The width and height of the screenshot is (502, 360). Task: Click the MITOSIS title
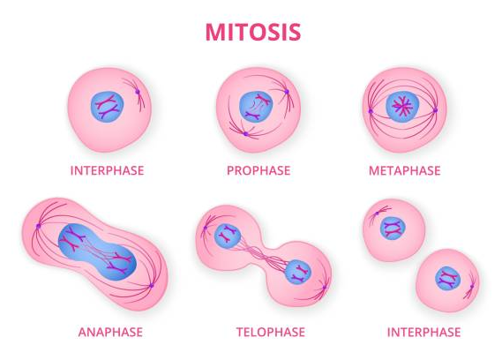coord(253,32)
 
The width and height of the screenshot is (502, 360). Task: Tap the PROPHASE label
coord(258,170)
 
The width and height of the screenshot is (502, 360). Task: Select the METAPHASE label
coord(405,170)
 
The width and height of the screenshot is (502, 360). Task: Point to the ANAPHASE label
coord(110,332)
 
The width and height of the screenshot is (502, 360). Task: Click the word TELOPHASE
coord(271,332)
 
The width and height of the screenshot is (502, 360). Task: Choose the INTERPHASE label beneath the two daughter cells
coord(423,332)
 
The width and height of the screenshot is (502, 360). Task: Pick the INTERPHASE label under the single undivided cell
coord(108,170)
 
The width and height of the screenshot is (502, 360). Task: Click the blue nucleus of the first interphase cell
coord(108,107)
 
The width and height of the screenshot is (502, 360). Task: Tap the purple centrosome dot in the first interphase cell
coord(138,92)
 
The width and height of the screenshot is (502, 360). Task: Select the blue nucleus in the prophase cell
coord(256,107)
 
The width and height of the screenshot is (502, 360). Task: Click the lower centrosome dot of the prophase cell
coord(246,134)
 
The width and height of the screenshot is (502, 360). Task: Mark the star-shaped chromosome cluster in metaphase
coord(402,107)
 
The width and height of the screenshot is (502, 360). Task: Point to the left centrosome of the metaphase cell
coord(371,111)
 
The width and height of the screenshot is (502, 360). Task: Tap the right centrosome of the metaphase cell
coord(435,110)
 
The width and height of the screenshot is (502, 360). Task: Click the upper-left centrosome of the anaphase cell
coord(39,226)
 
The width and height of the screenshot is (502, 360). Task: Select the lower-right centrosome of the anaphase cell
coord(152,285)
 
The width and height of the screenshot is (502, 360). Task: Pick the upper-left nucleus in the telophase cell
coord(228,236)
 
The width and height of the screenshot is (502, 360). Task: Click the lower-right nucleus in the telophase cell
coord(298,272)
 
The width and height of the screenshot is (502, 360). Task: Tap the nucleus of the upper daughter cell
coord(393,229)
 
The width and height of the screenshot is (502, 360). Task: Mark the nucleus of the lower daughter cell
coord(448,278)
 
